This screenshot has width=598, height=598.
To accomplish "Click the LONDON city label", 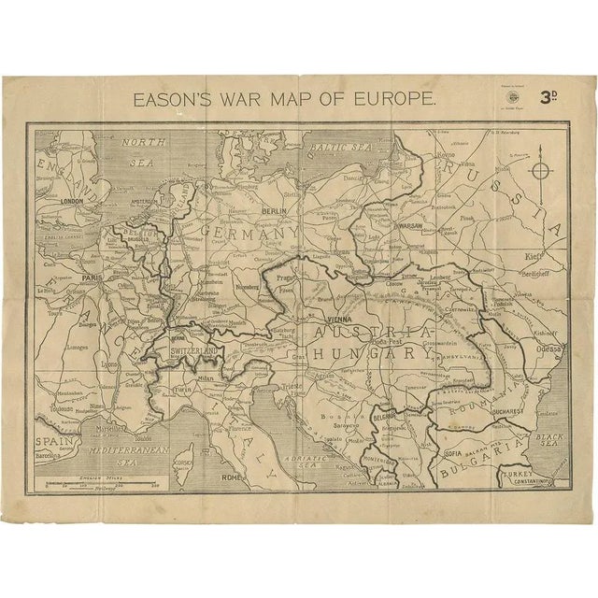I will tap(66, 201).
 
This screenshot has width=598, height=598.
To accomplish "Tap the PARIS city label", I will tap(90, 278).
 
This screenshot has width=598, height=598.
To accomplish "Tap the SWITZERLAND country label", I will tap(193, 350).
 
